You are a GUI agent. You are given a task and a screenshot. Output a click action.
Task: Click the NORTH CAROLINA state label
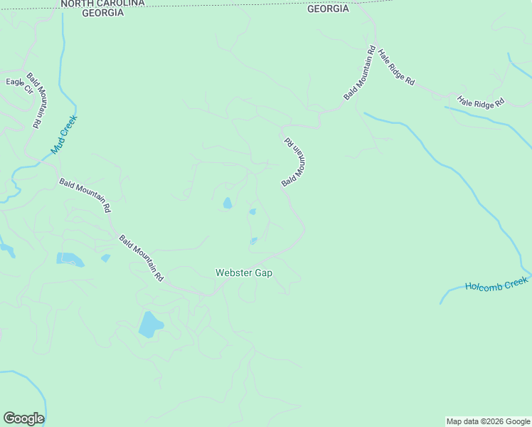[x=102, y=4]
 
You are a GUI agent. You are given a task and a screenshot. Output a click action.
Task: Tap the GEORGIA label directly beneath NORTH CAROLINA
[x=102, y=13]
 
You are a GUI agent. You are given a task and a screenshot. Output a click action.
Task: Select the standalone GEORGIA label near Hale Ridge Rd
[x=328, y=9]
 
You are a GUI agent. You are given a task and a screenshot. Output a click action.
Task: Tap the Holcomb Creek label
[x=497, y=283]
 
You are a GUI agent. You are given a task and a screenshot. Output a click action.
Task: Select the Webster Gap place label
[x=244, y=273]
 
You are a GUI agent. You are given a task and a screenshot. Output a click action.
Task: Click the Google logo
[x=23, y=418]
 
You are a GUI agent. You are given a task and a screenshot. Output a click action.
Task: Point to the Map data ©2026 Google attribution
[x=487, y=421]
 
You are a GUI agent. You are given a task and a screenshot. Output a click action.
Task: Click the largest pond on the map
[x=150, y=324]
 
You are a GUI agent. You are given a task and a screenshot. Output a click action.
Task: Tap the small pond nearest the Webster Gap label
[x=253, y=241]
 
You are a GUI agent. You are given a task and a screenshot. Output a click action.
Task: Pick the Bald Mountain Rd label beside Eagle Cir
[x=39, y=100]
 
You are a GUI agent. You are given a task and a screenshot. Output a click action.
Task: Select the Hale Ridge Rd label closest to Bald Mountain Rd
[x=396, y=67]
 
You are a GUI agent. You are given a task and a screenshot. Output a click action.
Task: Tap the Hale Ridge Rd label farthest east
[x=480, y=102]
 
